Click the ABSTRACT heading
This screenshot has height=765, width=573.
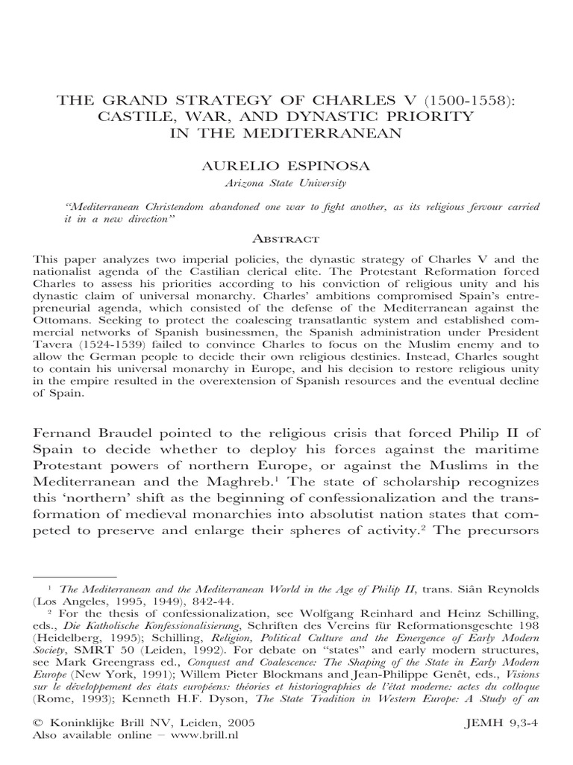click(x=287, y=239)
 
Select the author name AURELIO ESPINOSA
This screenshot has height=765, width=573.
click(x=287, y=165)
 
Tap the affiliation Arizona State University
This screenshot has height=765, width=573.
click(x=287, y=182)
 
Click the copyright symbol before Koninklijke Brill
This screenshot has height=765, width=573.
click(x=38, y=724)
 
